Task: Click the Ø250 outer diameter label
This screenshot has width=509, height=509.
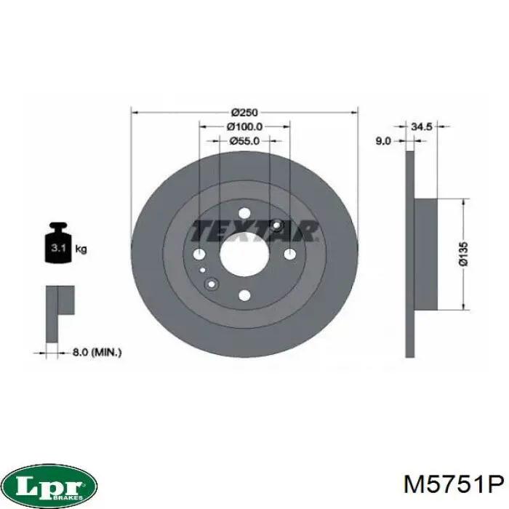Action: pyautogui.click(x=245, y=113)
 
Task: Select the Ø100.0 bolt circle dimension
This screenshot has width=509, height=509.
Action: pyautogui.click(x=245, y=127)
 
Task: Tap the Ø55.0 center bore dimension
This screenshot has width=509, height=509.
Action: pyautogui.click(x=245, y=141)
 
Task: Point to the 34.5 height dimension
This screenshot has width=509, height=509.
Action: pyautogui.click(x=422, y=127)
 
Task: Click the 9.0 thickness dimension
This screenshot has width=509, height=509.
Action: pyautogui.click(x=383, y=141)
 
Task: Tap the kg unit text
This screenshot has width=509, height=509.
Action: pyautogui.click(x=82, y=249)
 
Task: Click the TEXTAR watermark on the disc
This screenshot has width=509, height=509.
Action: pyautogui.click(x=254, y=231)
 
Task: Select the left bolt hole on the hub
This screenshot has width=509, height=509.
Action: pyautogui.click(x=199, y=254)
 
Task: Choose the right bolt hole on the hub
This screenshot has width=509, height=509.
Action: pyautogui.click(x=289, y=254)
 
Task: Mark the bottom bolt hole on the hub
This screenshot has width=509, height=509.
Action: pyautogui.click(x=244, y=295)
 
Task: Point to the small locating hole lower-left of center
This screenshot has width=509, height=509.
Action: pyautogui.click(x=212, y=284)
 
